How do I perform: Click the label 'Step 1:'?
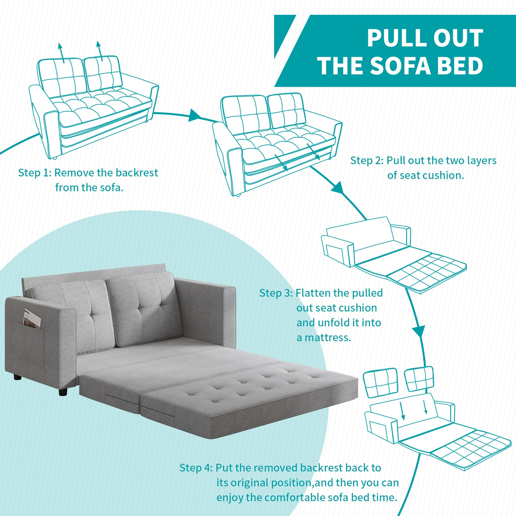click(35, 173)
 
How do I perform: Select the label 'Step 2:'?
click(367, 161)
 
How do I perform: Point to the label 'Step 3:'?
click(276, 293)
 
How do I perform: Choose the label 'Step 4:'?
click(196, 468)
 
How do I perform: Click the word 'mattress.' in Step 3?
click(323, 338)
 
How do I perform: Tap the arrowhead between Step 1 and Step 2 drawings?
click(194, 115)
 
